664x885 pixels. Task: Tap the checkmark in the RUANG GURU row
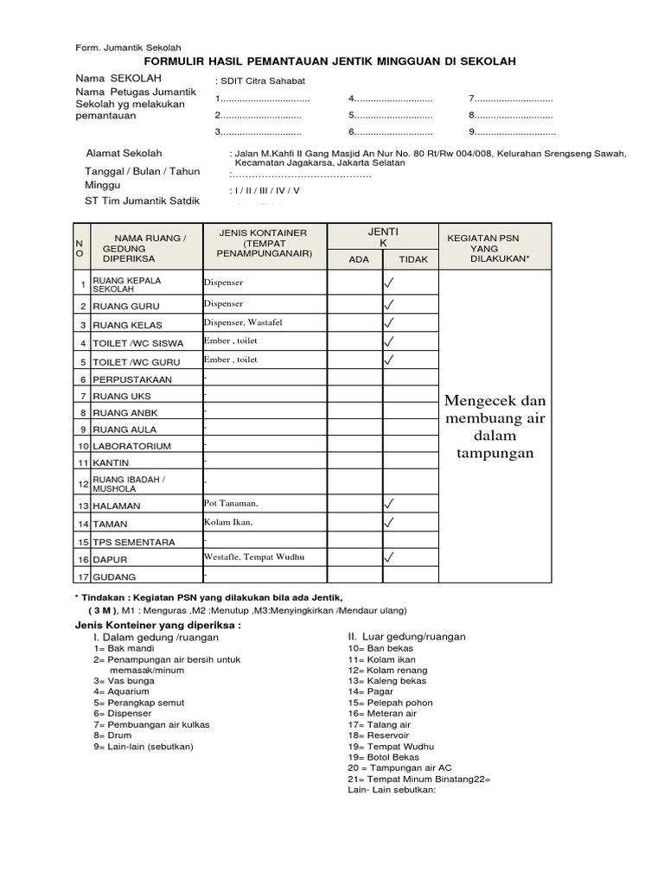[x=390, y=304]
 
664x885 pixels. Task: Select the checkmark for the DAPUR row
[x=390, y=558]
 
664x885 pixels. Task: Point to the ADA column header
[x=358, y=259]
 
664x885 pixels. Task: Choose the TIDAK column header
[x=413, y=259]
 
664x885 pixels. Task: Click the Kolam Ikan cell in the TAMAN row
[x=228, y=522]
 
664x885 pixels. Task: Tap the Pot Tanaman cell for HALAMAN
[x=231, y=503]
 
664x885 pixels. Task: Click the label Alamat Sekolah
[x=124, y=153]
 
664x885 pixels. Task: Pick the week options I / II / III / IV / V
[x=265, y=190]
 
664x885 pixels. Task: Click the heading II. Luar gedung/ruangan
[x=406, y=636]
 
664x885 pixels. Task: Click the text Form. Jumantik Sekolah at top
[x=129, y=48]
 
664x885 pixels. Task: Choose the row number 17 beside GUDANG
[x=84, y=577]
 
